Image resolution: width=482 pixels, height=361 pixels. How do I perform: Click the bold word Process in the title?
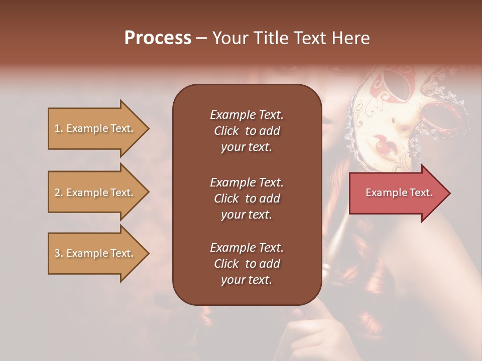[158, 38]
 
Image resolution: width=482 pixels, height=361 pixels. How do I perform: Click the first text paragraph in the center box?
[247, 131]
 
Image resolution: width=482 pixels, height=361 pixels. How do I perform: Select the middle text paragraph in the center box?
[247, 198]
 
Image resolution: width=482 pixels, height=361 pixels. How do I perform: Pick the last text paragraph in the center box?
[247, 264]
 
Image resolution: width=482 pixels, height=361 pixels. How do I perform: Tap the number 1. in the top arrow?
[59, 129]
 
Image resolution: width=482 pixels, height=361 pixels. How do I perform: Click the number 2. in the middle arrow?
[59, 193]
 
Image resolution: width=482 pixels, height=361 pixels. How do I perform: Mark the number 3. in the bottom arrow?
[59, 253]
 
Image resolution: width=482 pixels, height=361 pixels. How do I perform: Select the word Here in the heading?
[351, 38]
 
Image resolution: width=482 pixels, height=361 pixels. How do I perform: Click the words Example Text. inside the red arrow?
[399, 193]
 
